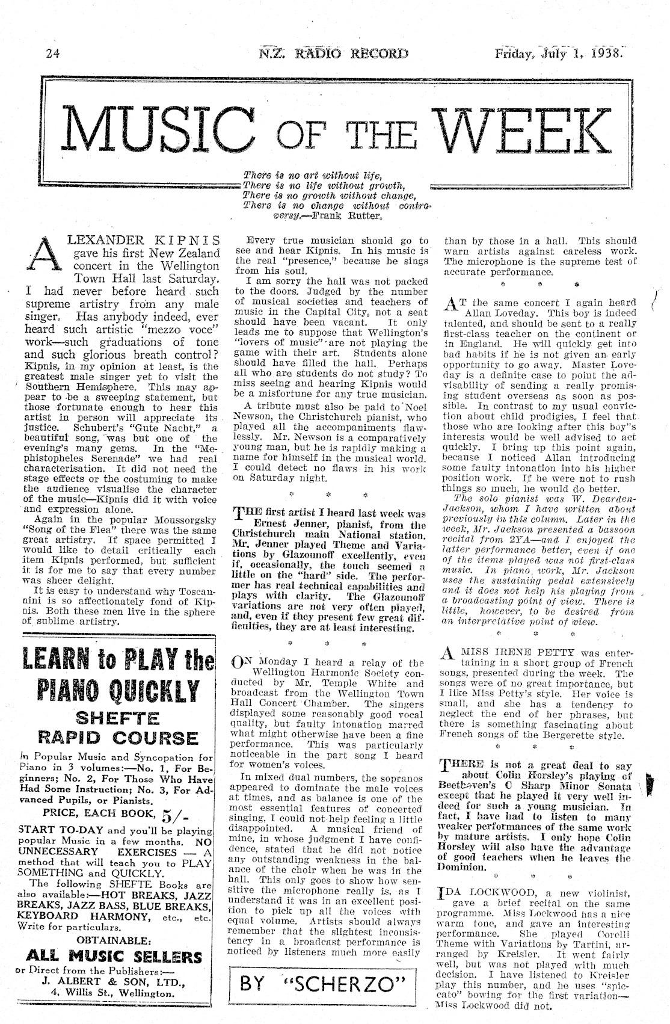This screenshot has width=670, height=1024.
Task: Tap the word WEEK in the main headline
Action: [x=520, y=128]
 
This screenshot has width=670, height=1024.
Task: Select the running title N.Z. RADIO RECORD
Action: [x=333, y=53]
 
